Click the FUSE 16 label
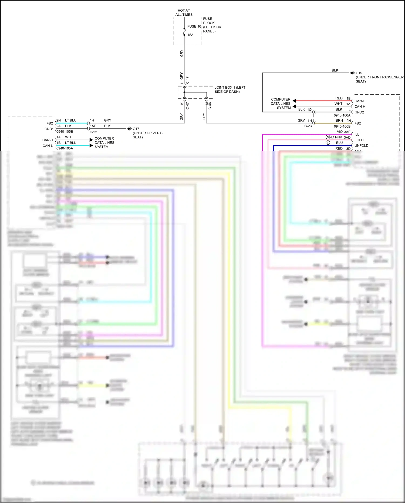click(x=194, y=26)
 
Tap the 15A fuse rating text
click(x=190, y=35)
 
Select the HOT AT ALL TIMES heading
click(x=184, y=12)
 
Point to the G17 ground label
click(x=136, y=129)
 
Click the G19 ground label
click(x=359, y=73)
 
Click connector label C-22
click(x=93, y=132)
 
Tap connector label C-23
click(x=308, y=126)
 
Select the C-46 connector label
click(x=210, y=106)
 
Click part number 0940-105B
click(x=65, y=132)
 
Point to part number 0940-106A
click(x=342, y=115)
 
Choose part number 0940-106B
click(x=342, y=126)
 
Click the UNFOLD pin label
click(x=361, y=146)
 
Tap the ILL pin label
click(x=357, y=135)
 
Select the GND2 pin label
click(x=359, y=112)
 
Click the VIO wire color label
click(x=340, y=132)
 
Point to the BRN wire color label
click(x=339, y=121)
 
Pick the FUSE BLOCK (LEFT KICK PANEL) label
click(x=212, y=25)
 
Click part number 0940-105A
click(x=65, y=148)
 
